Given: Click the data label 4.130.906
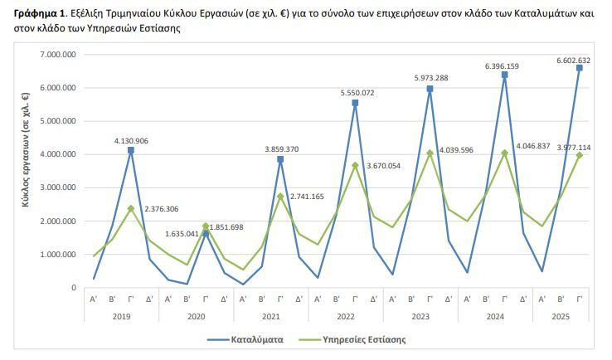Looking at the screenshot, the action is click(x=131, y=141).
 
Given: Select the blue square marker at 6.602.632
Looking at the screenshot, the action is click(x=579, y=68).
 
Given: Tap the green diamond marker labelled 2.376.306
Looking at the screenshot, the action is click(x=131, y=208).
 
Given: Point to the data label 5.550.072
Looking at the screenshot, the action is click(x=357, y=93).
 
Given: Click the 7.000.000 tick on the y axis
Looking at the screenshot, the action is click(x=58, y=54).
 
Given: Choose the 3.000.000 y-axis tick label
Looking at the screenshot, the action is click(x=58, y=187).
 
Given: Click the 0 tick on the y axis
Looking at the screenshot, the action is click(x=74, y=288).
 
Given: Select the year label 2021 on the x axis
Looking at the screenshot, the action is click(x=271, y=316).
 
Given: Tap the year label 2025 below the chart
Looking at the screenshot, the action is click(x=561, y=316).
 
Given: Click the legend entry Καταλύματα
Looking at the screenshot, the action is click(x=245, y=340).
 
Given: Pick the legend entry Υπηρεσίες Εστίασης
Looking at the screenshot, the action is click(x=352, y=340).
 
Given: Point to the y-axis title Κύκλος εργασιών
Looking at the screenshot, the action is click(x=26, y=149).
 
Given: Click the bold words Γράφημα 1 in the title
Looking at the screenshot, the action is click(x=39, y=13).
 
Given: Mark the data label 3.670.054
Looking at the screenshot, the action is click(x=383, y=166).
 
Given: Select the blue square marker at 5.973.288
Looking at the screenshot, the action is click(x=430, y=89).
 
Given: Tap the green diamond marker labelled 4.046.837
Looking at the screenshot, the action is click(x=505, y=153).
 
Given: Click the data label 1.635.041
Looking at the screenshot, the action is click(x=182, y=234).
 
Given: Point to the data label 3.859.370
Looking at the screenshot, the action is click(x=282, y=149).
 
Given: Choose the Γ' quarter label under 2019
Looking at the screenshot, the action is click(x=131, y=299).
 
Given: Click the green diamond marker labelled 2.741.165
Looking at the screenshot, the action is click(x=280, y=197).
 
